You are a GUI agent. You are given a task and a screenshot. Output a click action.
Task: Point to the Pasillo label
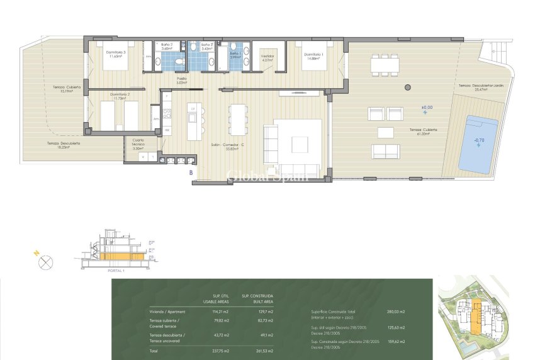[x=182, y=81]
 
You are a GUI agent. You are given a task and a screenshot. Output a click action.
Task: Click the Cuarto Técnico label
[x=138, y=144]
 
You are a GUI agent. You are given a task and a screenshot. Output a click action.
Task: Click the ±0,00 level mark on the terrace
[x=427, y=108]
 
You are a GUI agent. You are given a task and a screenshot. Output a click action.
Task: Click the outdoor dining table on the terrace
[x=384, y=64]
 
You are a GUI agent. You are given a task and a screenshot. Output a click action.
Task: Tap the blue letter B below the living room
[x=190, y=171]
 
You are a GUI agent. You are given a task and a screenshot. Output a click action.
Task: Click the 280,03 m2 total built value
[x=395, y=311]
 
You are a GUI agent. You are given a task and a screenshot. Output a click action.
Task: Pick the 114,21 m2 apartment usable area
[x=220, y=311]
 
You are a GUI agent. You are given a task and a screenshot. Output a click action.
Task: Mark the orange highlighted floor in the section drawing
[x=119, y=256]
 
